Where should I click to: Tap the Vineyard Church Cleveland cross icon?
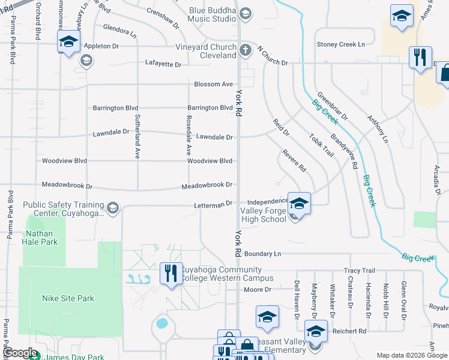tap(245, 50)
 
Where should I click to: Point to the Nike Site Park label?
tap(68, 298)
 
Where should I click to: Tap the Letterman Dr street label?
tap(212, 205)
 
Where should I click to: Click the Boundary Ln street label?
tap(263, 254)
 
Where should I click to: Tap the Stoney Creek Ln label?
tap(341, 44)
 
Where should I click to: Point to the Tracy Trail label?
tap(359, 271)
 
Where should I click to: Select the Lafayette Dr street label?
tap(163, 64)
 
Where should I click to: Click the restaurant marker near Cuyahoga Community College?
tap(170, 274)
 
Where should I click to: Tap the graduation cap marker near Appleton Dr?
tap(69, 42)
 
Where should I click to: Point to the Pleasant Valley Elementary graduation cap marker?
tap(316, 331)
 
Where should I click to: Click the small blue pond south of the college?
tap(161, 323)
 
